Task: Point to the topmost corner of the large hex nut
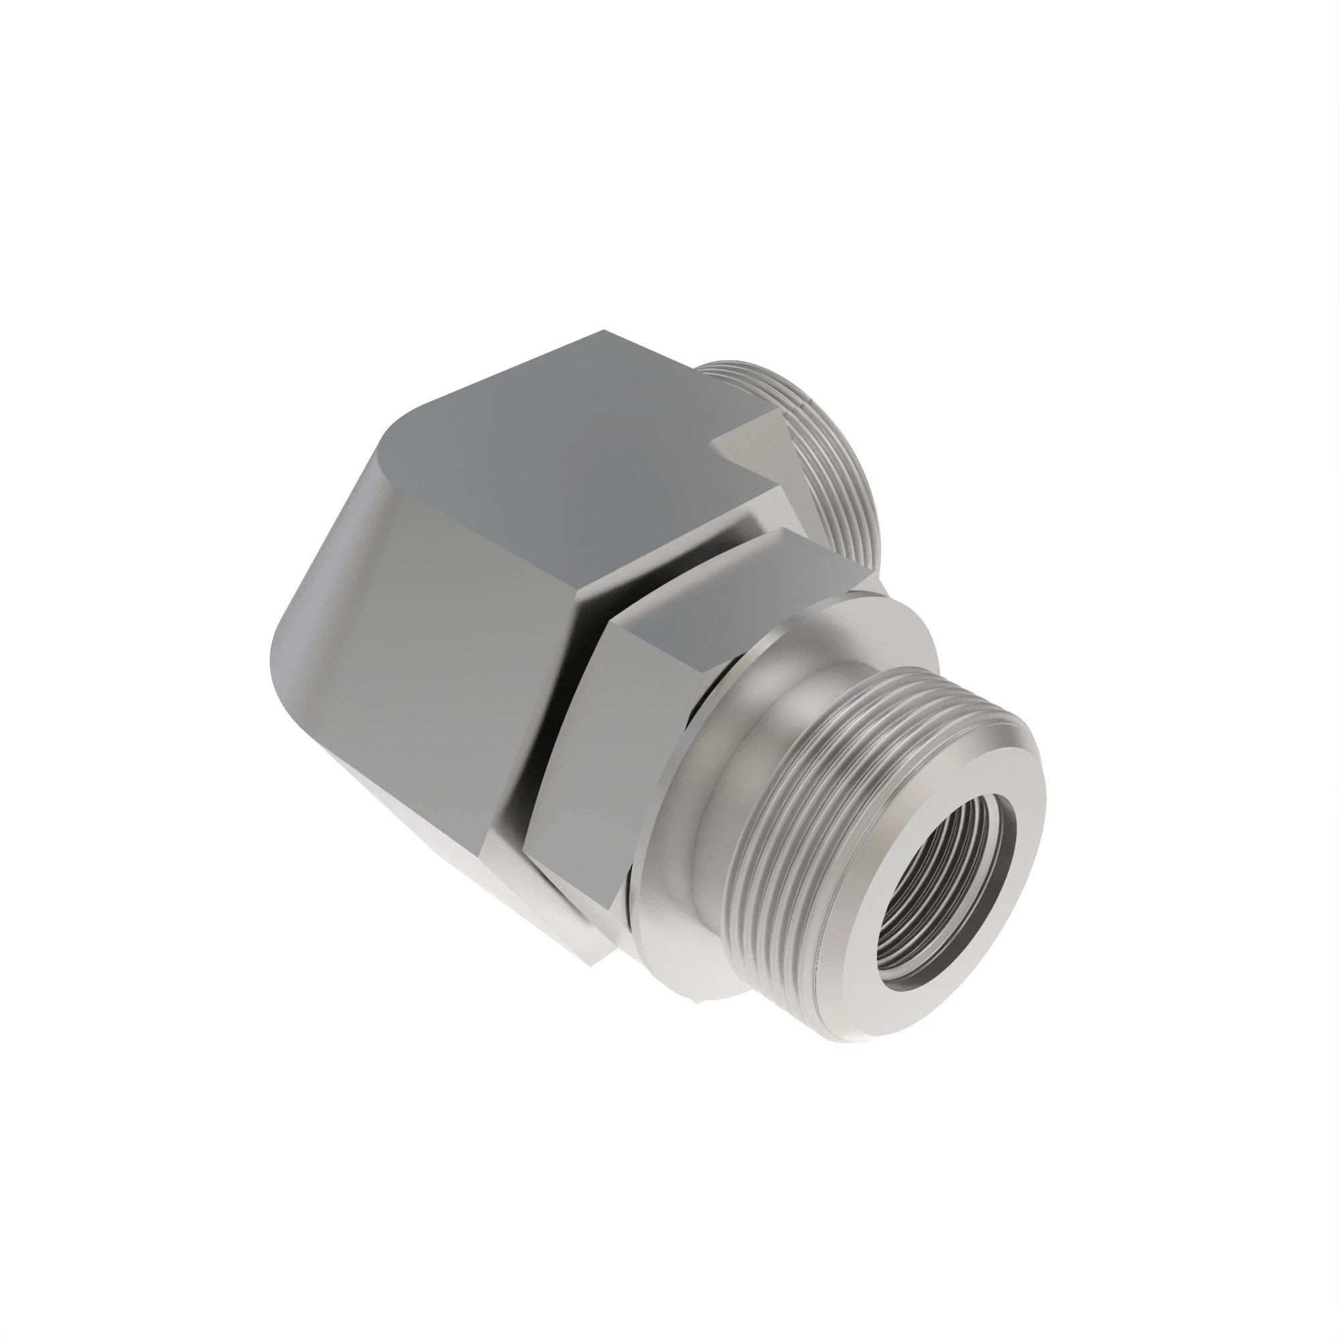click(x=603, y=332)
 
